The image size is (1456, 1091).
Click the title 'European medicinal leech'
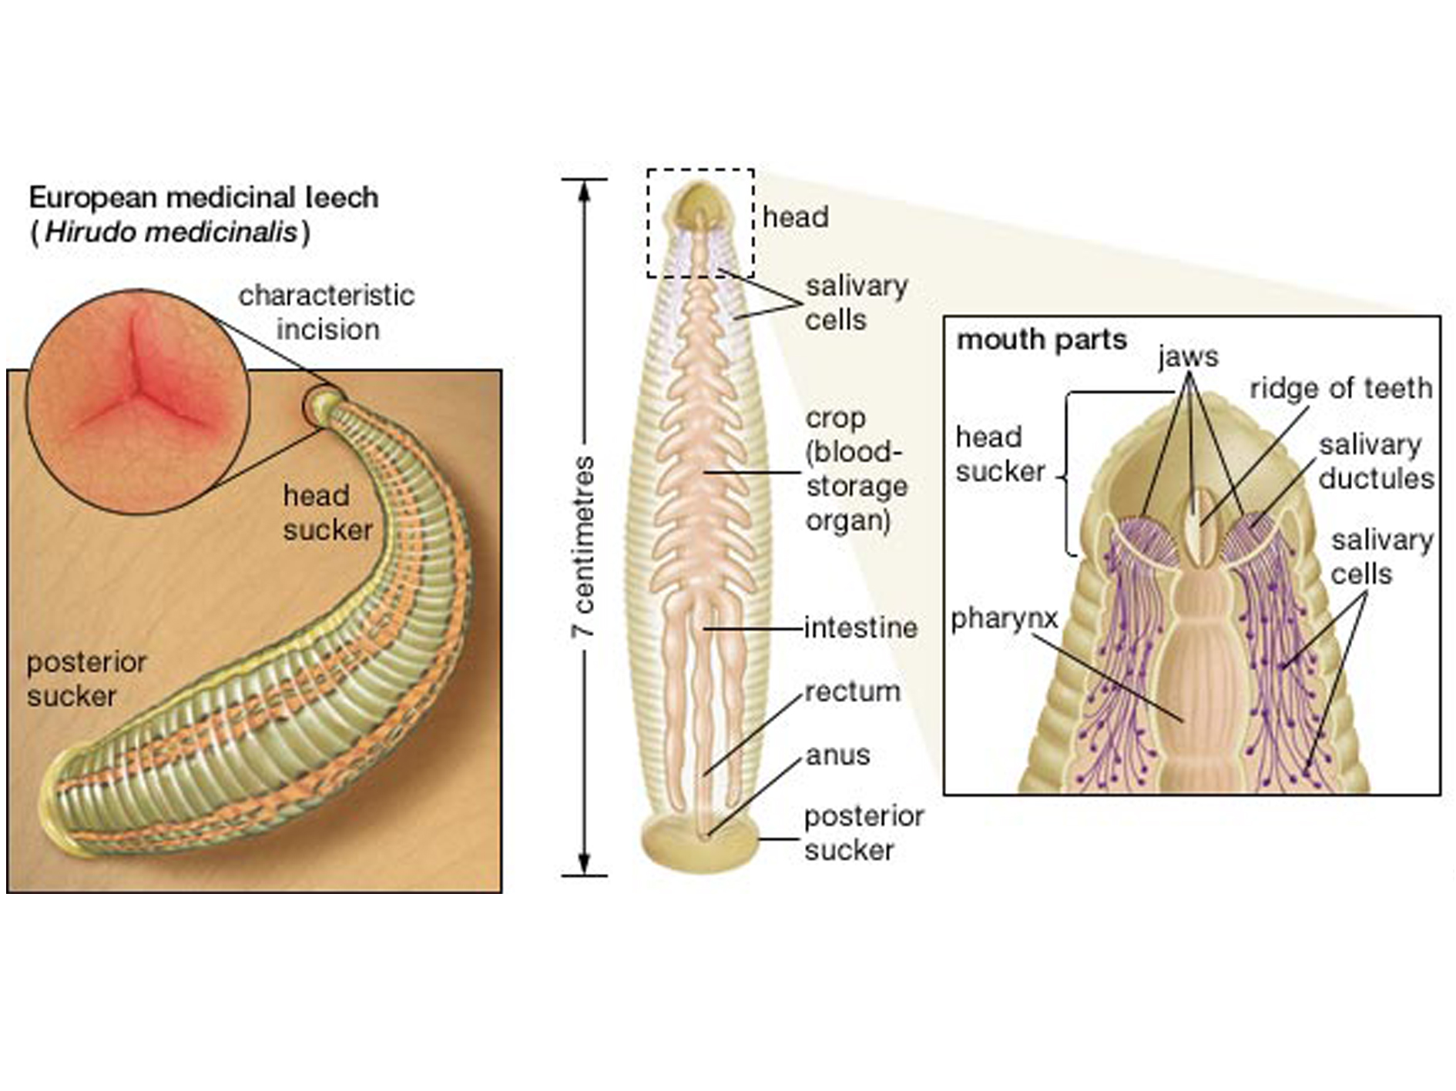203,198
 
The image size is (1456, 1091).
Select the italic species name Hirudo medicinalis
170,232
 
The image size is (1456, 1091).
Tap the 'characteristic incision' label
327,312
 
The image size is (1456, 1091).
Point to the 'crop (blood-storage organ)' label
855,469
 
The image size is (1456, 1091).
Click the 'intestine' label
861,628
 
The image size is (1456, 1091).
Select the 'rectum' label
852,691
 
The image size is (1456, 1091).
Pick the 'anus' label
837,755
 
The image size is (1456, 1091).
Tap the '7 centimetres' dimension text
583,547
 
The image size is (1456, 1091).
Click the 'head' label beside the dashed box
795,217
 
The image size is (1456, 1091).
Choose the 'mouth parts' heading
1042,340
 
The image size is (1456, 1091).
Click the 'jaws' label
1188,356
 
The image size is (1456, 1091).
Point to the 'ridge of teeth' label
1340,388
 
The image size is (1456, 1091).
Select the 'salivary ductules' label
1376,461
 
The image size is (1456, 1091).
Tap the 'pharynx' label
1004,618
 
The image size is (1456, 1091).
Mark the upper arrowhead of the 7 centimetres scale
584,189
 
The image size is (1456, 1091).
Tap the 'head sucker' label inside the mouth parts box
1000,454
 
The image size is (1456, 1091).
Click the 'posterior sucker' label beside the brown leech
86,679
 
